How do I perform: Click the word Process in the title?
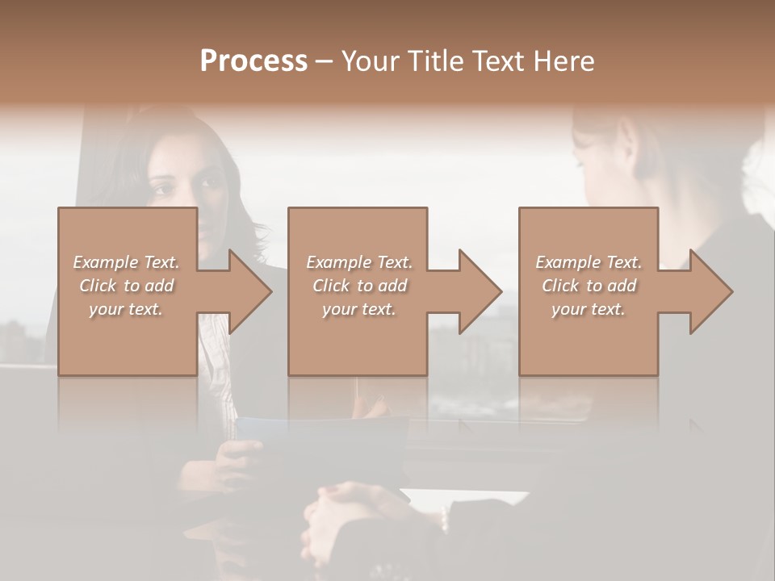click(253, 61)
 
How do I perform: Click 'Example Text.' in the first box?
click(126, 262)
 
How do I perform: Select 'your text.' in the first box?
click(126, 309)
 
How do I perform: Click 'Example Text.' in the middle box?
click(359, 262)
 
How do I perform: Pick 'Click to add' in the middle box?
click(359, 286)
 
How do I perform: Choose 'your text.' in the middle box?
click(359, 309)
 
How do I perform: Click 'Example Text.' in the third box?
click(589, 262)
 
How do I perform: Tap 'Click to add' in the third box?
click(589, 286)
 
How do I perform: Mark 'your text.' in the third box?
click(589, 309)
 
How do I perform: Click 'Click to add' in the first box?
click(126, 286)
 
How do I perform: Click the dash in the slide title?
click(325, 61)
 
